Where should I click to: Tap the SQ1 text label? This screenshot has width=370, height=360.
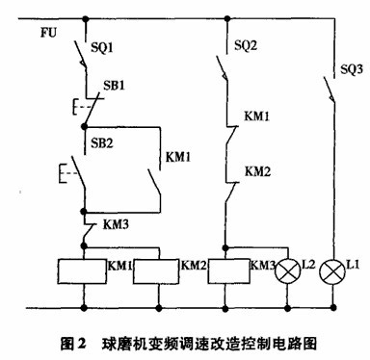[x=102, y=46]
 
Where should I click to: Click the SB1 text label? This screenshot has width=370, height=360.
[x=115, y=86]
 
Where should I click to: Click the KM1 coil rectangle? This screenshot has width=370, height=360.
[x=81, y=272]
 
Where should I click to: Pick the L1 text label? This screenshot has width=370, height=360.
[x=355, y=263]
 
